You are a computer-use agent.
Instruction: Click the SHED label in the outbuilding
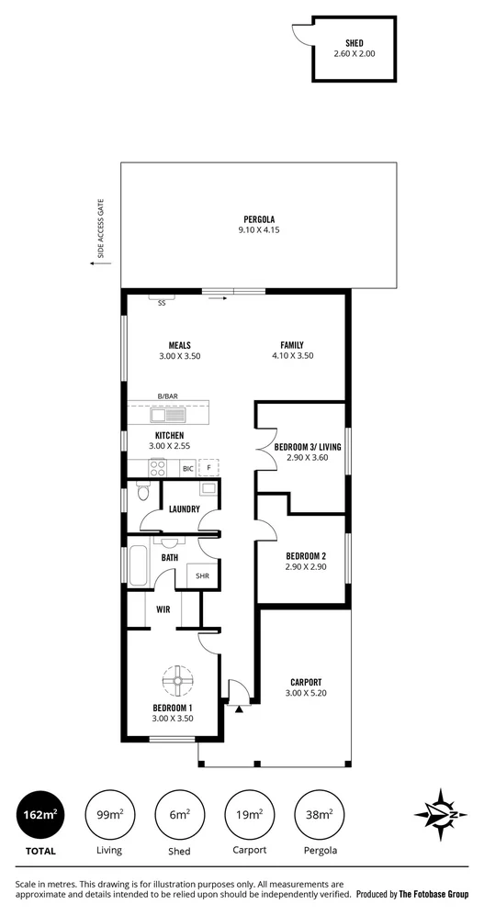coord(354,43)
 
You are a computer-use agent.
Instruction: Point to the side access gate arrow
coord(96,263)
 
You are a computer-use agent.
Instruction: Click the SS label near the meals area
coord(163,302)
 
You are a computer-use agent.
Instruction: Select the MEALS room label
coord(179,345)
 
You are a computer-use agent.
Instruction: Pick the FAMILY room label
coord(292,345)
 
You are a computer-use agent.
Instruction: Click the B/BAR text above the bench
coord(167,396)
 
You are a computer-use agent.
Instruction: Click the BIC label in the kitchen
coord(187,468)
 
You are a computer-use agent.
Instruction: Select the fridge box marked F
coord(210,468)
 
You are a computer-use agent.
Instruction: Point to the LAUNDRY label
coord(184,508)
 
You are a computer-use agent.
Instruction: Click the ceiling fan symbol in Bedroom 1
coord(175,680)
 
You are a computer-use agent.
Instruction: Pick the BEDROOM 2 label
coord(306,556)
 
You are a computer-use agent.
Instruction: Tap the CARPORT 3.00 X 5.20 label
coord(305,687)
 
